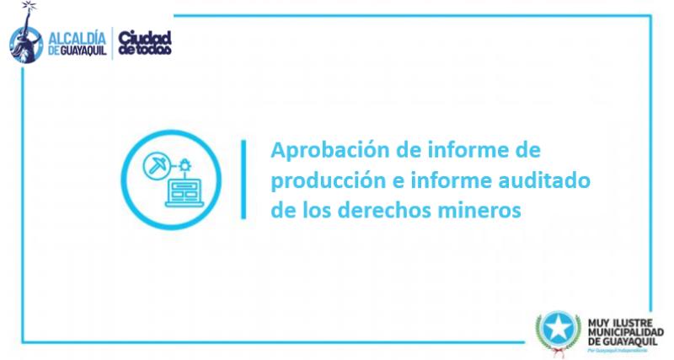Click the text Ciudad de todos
144,42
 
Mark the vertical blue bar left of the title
243,180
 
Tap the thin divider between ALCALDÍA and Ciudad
112,42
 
